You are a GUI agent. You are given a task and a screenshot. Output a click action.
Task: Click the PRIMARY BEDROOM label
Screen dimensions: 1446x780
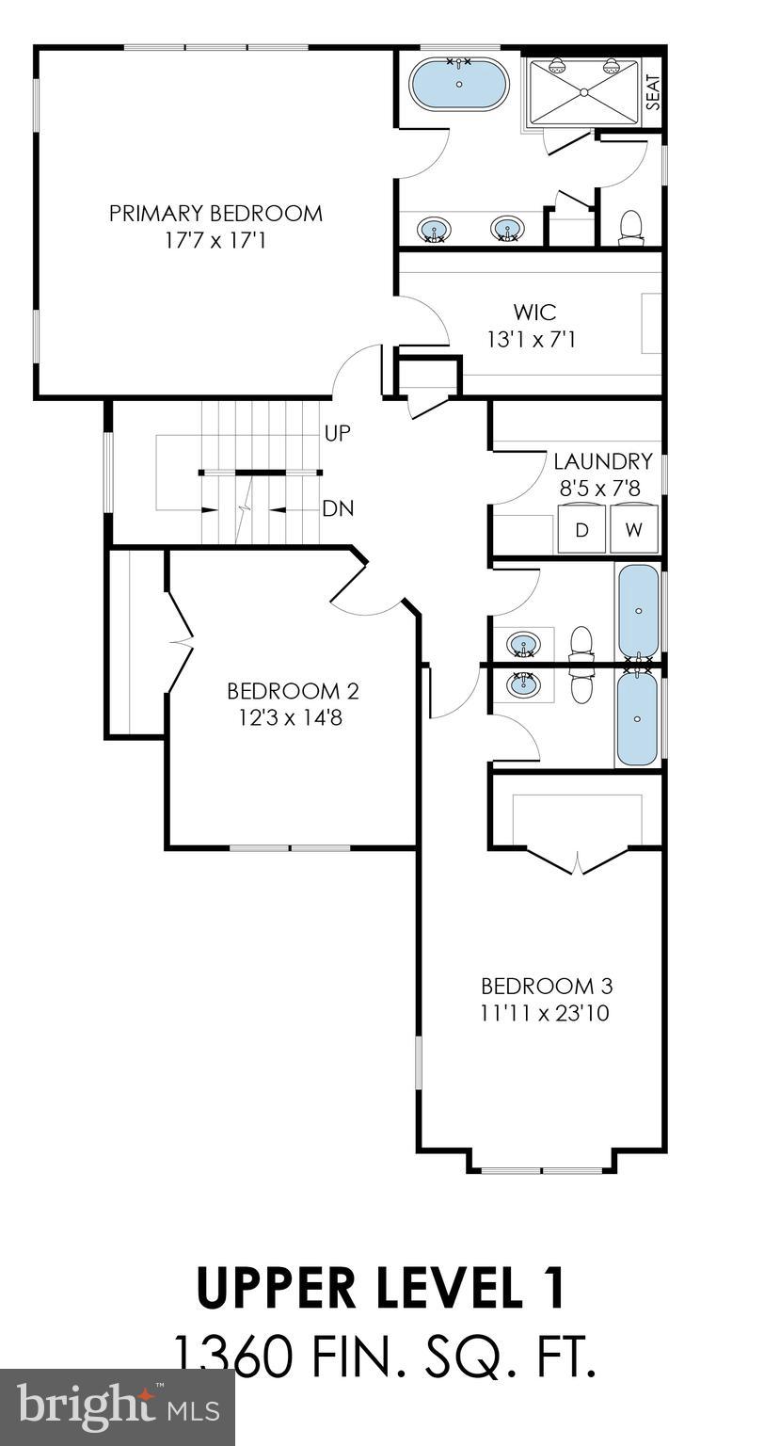click(x=215, y=214)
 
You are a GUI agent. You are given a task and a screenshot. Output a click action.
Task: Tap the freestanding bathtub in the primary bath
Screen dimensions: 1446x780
click(x=459, y=85)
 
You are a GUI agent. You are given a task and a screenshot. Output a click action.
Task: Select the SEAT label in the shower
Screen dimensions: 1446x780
click(x=653, y=91)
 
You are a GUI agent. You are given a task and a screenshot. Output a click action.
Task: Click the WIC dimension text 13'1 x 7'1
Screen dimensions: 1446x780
click(x=531, y=339)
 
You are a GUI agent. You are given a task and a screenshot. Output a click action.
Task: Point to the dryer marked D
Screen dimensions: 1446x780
click(x=582, y=530)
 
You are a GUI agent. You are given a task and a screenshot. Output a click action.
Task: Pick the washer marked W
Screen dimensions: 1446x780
click(x=634, y=530)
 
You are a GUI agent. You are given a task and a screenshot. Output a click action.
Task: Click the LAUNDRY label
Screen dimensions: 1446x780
click(x=602, y=461)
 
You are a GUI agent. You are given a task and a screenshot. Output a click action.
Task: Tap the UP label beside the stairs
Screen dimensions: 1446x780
click(x=337, y=434)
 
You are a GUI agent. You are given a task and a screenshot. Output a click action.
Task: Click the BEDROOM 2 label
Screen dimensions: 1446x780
click(x=293, y=691)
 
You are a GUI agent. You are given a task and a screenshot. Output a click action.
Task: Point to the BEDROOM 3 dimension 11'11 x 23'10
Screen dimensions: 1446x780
click(x=547, y=1014)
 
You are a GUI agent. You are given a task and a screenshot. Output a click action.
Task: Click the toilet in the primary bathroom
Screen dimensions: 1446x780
click(x=631, y=227)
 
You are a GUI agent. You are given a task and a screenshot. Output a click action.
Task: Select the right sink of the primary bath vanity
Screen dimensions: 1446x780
click(x=506, y=229)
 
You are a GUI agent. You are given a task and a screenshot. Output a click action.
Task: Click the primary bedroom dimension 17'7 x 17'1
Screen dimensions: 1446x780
click(x=215, y=241)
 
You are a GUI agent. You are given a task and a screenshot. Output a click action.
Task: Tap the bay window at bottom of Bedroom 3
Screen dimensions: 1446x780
click(x=541, y=1170)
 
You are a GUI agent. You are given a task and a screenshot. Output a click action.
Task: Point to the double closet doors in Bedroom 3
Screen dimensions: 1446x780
click(x=577, y=860)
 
